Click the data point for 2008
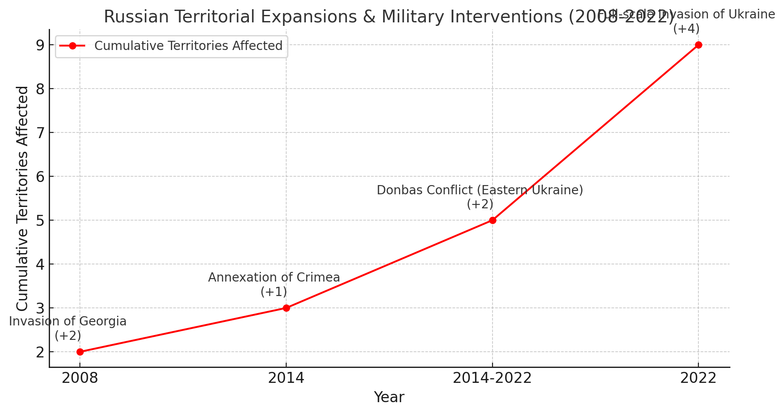pyautogui.click(x=80, y=352)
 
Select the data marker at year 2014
pyautogui.click(x=286, y=308)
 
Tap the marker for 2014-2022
pyautogui.click(x=493, y=220)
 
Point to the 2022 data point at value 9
pyautogui.click(x=698, y=45)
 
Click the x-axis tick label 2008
pyautogui.click(x=80, y=378)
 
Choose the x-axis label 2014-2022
pyautogui.click(x=492, y=378)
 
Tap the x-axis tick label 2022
pyautogui.click(x=698, y=378)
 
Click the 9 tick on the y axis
pyautogui.click(x=40, y=45)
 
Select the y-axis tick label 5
pyautogui.click(x=40, y=221)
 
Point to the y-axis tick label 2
pyautogui.click(x=40, y=352)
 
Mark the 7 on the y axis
pyautogui.click(x=40, y=133)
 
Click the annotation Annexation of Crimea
pyautogui.click(x=274, y=278)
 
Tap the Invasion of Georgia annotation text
pyautogui.click(x=68, y=321)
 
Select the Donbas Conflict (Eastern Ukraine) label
pyautogui.click(x=480, y=190)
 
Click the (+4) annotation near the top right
pyautogui.click(x=686, y=29)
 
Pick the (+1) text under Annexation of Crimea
pyautogui.click(x=273, y=292)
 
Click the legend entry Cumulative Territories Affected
pyautogui.click(x=188, y=46)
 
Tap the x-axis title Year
pyautogui.click(x=389, y=397)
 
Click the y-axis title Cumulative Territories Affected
pyautogui.click(x=22, y=198)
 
